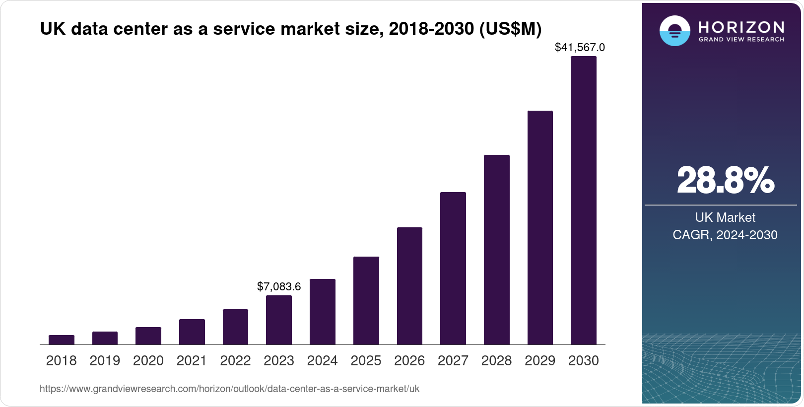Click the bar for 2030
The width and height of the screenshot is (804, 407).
tap(583, 201)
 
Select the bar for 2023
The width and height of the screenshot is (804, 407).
tap(279, 320)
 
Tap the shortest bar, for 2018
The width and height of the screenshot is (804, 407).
tap(62, 340)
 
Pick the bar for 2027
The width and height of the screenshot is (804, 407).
tap(453, 269)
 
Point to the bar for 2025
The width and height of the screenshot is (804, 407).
tap(366, 301)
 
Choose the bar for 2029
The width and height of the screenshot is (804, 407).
tap(540, 228)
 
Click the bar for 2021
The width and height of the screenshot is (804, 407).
tap(192, 332)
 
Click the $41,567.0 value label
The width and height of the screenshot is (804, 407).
tap(580, 48)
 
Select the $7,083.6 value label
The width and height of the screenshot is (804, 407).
tap(279, 286)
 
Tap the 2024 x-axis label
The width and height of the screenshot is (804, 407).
tap(322, 361)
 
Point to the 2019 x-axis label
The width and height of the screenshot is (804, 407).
tap(105, 361)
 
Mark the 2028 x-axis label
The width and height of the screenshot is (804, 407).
tap(496, 361)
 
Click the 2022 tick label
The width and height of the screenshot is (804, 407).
tap(235, 361)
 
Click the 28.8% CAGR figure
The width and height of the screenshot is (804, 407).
tap(725, 180)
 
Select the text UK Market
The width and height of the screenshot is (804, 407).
tap(725, 217)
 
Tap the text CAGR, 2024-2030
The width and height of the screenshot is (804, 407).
tap(725, 235)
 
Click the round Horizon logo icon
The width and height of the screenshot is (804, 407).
tap(674, 31)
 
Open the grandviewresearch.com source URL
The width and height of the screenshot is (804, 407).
tap(229, 389)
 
